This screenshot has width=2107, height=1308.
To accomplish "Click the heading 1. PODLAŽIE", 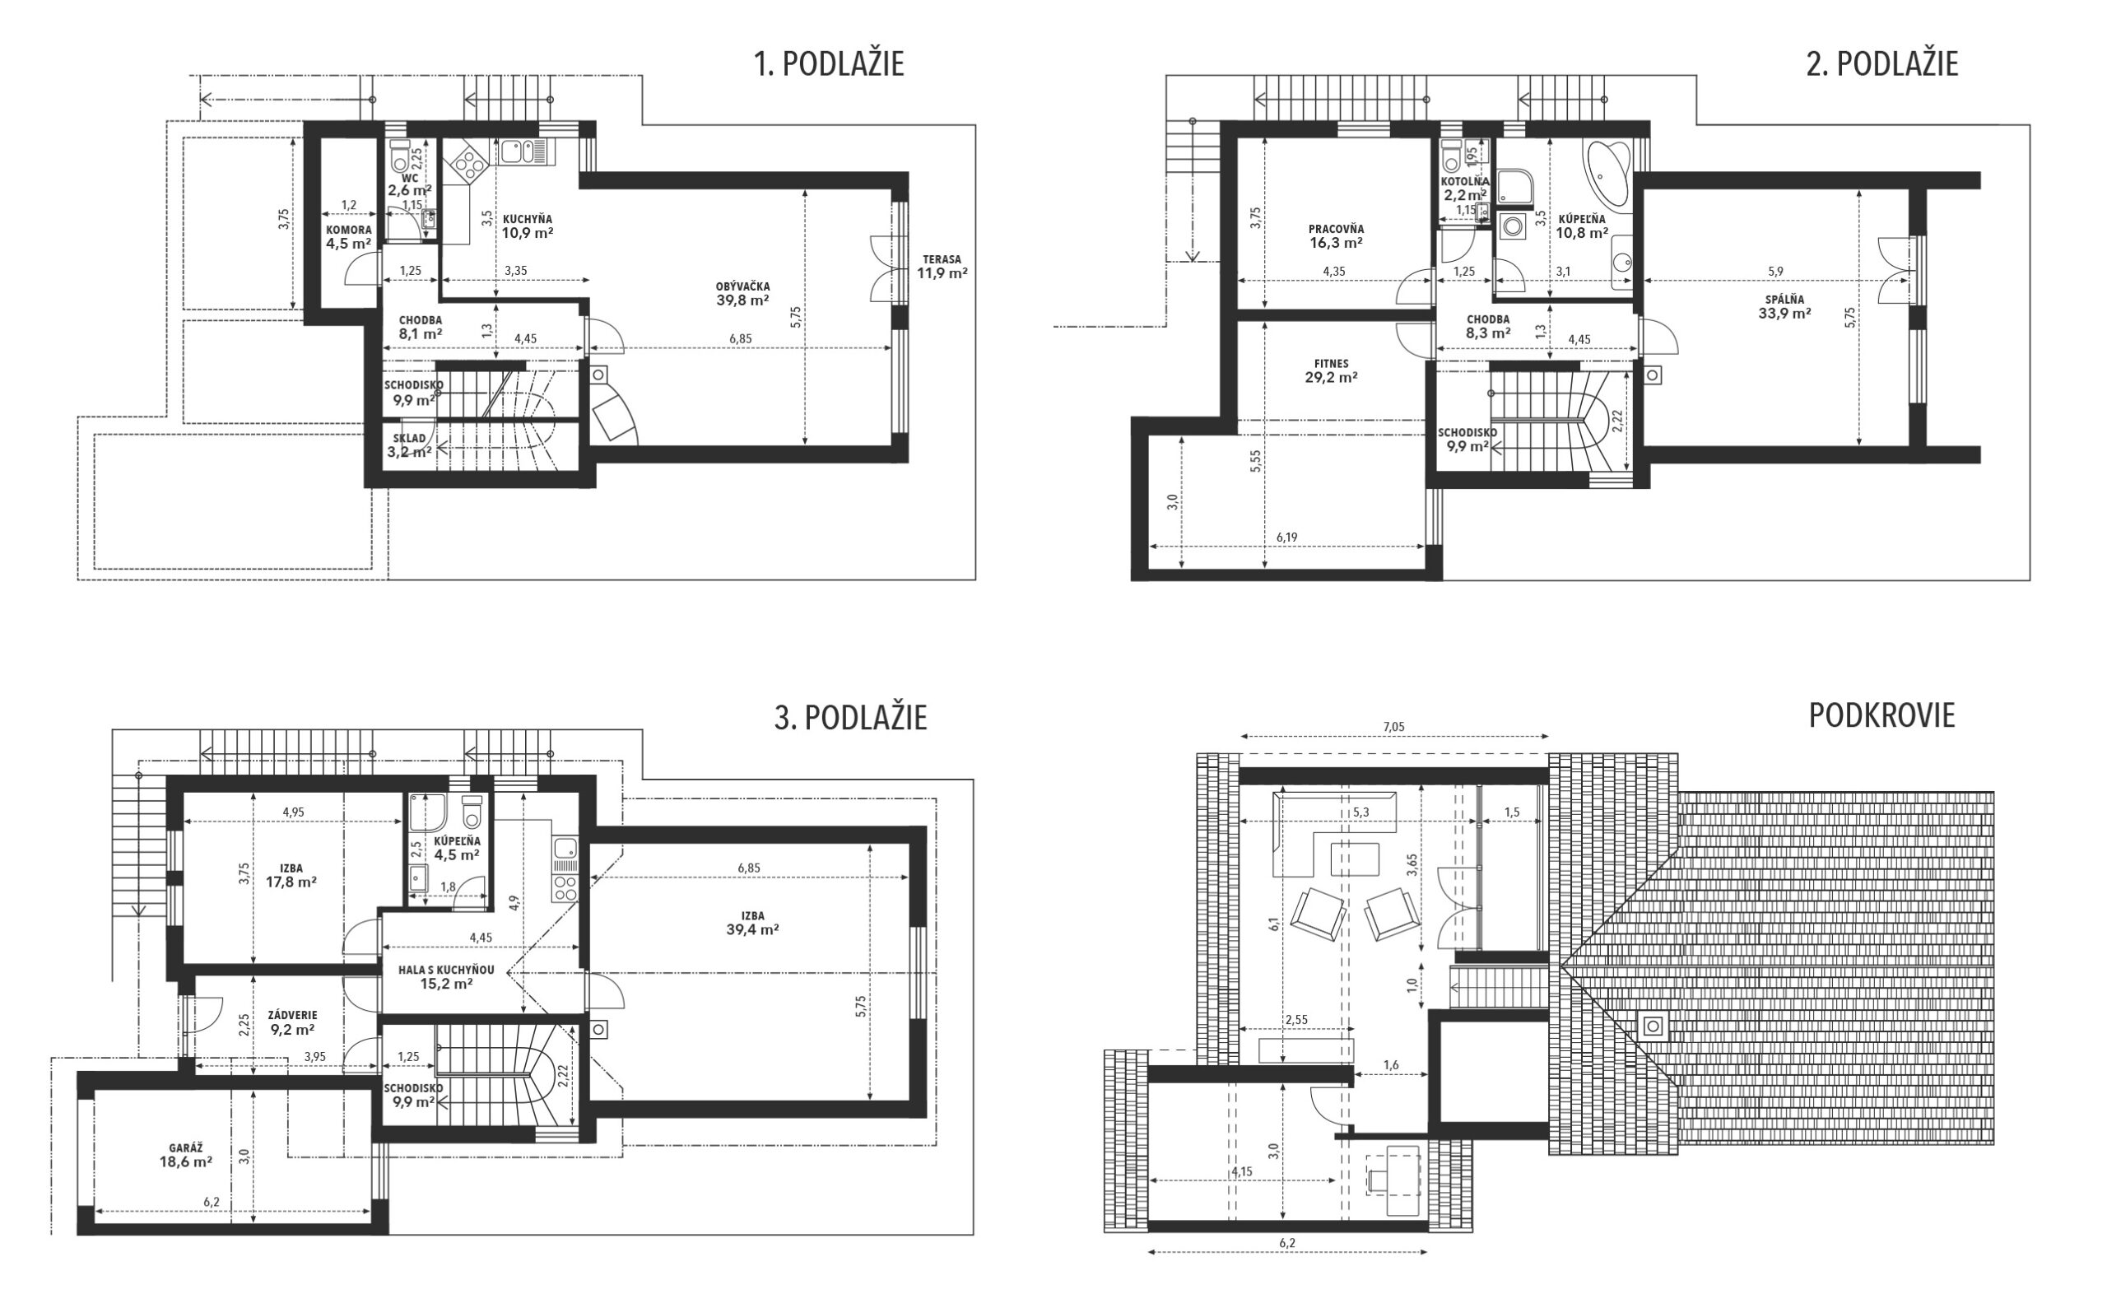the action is point(829,64).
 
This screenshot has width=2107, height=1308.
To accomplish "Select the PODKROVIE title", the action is point(1881,715).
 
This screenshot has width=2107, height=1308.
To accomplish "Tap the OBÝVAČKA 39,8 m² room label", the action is point(742,294).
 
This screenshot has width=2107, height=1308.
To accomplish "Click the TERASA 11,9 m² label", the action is point(942,267).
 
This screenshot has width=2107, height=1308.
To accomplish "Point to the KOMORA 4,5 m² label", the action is point(349,237).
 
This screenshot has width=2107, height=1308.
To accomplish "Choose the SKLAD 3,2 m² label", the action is point(409,445).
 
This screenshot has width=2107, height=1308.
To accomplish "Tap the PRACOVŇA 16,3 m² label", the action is point(1336,236).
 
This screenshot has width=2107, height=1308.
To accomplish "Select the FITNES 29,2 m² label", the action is point(1330,371).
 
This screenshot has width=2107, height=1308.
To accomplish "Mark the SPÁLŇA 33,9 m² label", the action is point(1784,307).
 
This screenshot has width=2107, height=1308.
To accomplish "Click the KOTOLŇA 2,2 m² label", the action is point(1464,189).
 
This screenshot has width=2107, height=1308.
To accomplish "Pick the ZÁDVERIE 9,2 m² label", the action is point(292,1022).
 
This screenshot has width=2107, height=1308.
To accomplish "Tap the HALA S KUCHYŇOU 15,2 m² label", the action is point(446,976).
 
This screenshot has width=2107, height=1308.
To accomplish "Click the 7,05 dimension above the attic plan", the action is point(1393,727).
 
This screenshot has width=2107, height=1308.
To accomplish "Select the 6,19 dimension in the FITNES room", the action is point(1287,538).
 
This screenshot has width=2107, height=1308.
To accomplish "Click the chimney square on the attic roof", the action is point(1652,1026).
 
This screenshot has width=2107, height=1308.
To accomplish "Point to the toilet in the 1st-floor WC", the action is point(400,155).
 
